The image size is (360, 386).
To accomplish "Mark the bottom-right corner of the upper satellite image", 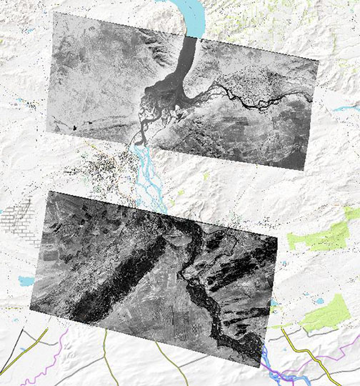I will click(304, 170).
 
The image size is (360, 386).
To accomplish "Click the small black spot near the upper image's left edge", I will click(72, 127).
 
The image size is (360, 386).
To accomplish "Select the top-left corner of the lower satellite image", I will click(49, 191).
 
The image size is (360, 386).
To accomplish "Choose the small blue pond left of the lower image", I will click(26, 281).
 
